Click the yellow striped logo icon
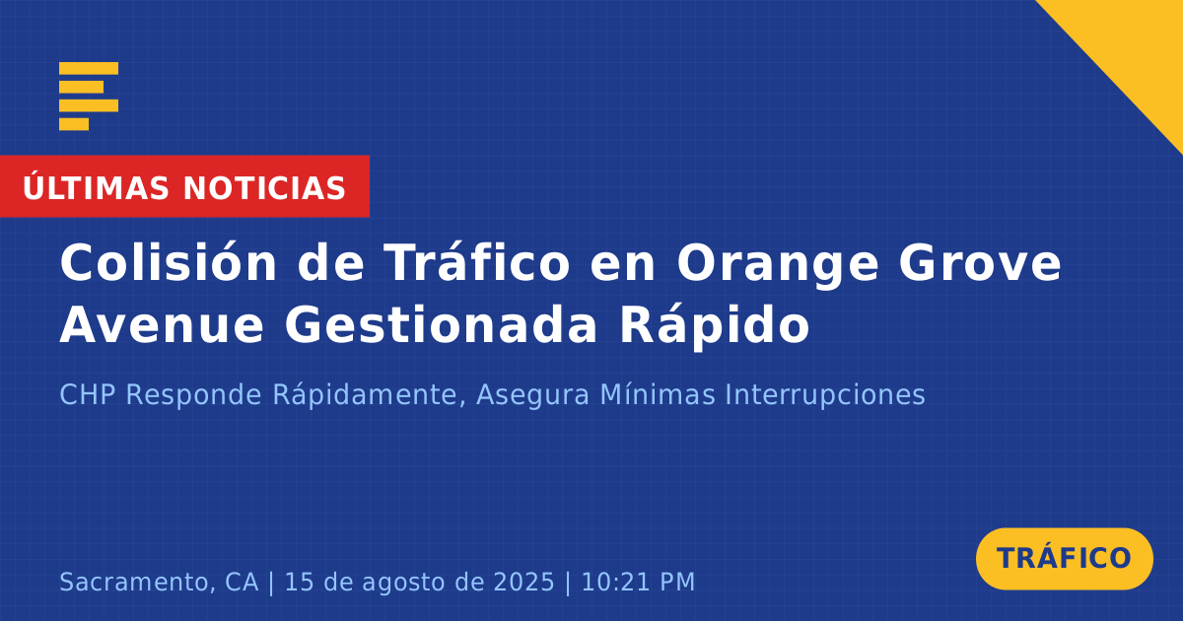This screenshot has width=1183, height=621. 89,97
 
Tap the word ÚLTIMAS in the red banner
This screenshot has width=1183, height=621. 96,187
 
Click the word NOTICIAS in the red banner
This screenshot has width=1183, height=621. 264,188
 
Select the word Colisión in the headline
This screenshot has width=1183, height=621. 169,262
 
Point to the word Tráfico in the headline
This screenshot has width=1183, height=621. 477,262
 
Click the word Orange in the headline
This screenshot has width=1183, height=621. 778,265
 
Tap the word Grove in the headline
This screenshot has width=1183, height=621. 980,263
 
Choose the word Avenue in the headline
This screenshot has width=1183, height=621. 162,325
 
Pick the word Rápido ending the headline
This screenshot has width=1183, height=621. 715,325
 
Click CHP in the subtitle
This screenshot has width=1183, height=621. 88,394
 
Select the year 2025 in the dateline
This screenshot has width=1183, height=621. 523,582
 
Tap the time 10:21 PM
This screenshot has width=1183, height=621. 638,582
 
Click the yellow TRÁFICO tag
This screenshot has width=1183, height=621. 1064,559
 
